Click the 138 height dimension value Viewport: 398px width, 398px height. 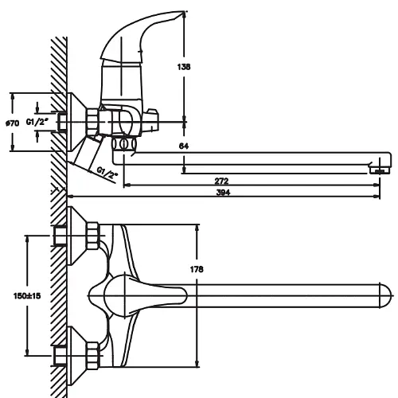coord(184,67)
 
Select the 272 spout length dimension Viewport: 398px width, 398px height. coord(221,181)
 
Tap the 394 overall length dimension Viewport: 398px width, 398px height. coord(223,193)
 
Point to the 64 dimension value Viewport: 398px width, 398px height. coord(184,146)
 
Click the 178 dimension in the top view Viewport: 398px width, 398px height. coord(197,269)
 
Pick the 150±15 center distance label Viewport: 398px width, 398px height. coord(27,295)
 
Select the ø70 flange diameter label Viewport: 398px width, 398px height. coord(13,123)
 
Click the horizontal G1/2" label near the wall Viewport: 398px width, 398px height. coord(37,122)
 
